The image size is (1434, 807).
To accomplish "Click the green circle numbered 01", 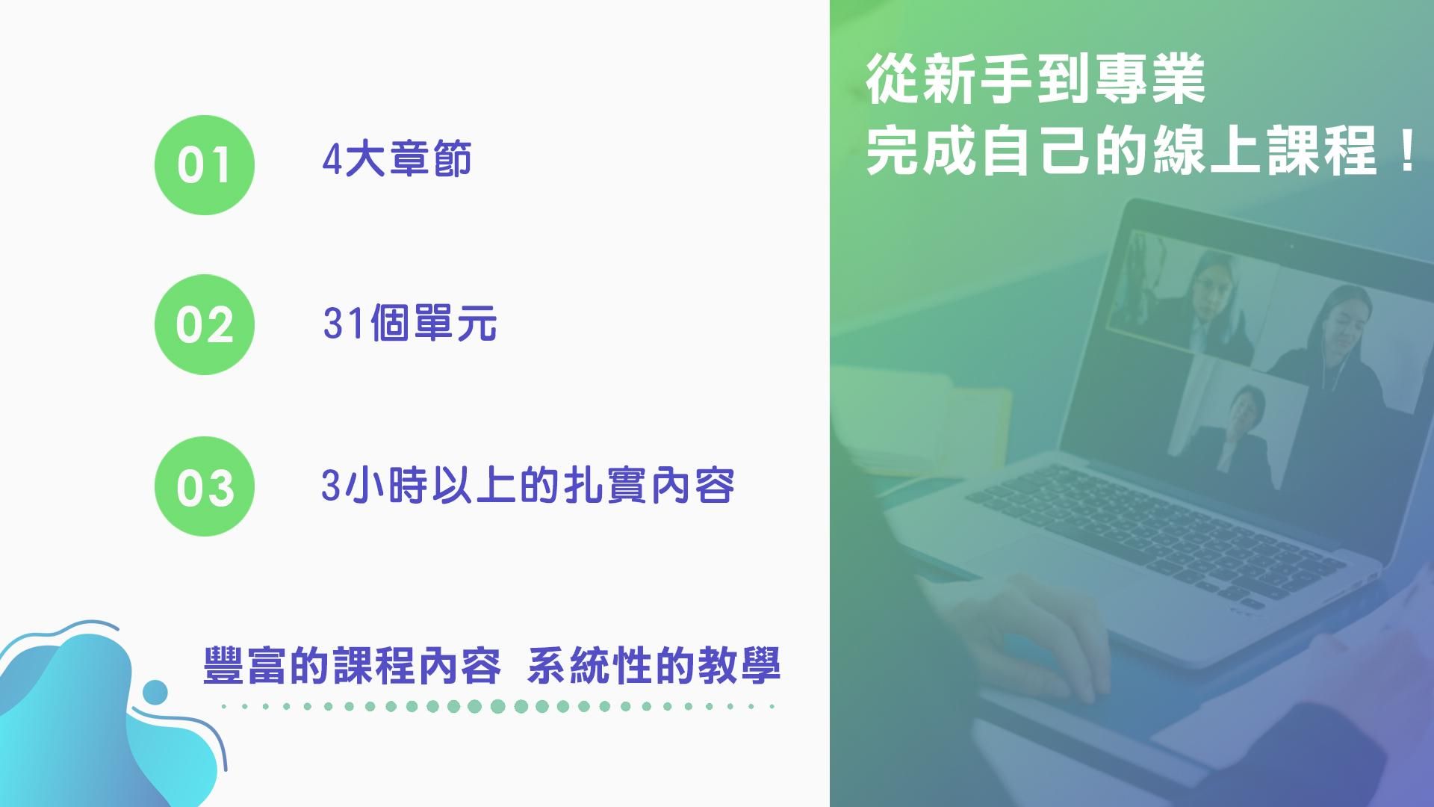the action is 204,165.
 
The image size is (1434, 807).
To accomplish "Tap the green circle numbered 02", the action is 204,325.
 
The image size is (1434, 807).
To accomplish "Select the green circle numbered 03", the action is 204,486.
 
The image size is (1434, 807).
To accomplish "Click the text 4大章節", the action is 397,160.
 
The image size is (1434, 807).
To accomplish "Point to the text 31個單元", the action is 410,323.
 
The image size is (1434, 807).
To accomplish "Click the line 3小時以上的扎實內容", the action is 528,485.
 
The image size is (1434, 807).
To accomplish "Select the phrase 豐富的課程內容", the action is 352,665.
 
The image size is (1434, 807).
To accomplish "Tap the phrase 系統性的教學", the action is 654,665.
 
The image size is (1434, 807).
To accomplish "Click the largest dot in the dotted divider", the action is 498,706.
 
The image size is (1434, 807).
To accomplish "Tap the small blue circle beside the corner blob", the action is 155,692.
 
